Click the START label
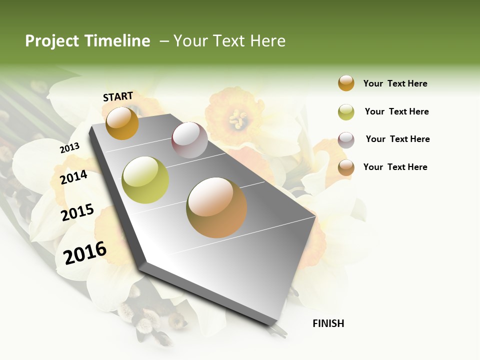tap(118, 96)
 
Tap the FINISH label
tap(328, 323)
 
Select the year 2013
tap(69, 148)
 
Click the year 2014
tap(73, 177)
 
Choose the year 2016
tap(85, 252)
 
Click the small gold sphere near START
tap(122, 123)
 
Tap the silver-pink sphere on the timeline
tap(189, 140)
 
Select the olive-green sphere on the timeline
tap(145, 179)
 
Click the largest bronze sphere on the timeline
tap(216, 207)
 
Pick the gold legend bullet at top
tap(346, 83)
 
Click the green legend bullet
tap(346, 112)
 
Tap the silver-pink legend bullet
tap(346, 140)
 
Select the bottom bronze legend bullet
tap(346, 167)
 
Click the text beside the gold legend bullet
tap(395, 83)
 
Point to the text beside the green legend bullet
tap(396, 111)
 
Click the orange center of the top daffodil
tap(237, 119)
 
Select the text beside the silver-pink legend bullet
tap(397, 139)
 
